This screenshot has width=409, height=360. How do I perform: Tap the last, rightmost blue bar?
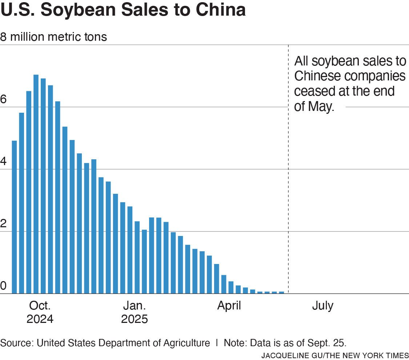(x=281, y=292)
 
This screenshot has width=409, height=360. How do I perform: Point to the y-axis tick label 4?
(x=4, y=162)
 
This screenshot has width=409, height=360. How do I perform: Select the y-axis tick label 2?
(x=4, y=224)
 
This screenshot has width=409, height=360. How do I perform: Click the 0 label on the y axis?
(x=4, y=287)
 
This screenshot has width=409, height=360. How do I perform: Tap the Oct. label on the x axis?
(x=40, y=305)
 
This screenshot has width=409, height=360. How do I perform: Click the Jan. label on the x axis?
(x=135, y=305)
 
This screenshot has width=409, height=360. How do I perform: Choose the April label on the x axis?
(x=229, y=305)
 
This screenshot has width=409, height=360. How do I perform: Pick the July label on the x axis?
(x=322, y=305)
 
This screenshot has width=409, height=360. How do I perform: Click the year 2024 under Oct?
(x=40, y=319)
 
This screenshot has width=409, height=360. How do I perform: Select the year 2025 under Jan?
(x=135, y=319)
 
